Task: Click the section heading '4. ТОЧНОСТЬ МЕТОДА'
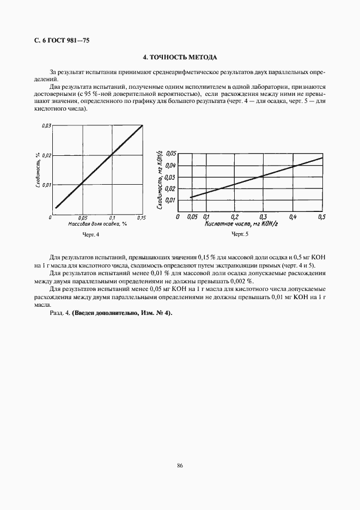click(180, 57)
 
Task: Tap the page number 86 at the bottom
click(180, 465)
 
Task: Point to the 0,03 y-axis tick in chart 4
click(46, 126)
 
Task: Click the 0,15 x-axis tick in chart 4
click(141, 217)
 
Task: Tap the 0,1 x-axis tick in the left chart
click(112, 217)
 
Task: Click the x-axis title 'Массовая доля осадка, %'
click(97, 224)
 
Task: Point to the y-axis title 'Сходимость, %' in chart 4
click(38, 170)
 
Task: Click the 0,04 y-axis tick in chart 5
click(171, 165)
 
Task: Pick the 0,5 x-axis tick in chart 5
click(321, 217)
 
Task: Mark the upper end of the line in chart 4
click(142, 126)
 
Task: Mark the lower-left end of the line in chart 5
click(191, 197)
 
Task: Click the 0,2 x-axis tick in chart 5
click(234, 217)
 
